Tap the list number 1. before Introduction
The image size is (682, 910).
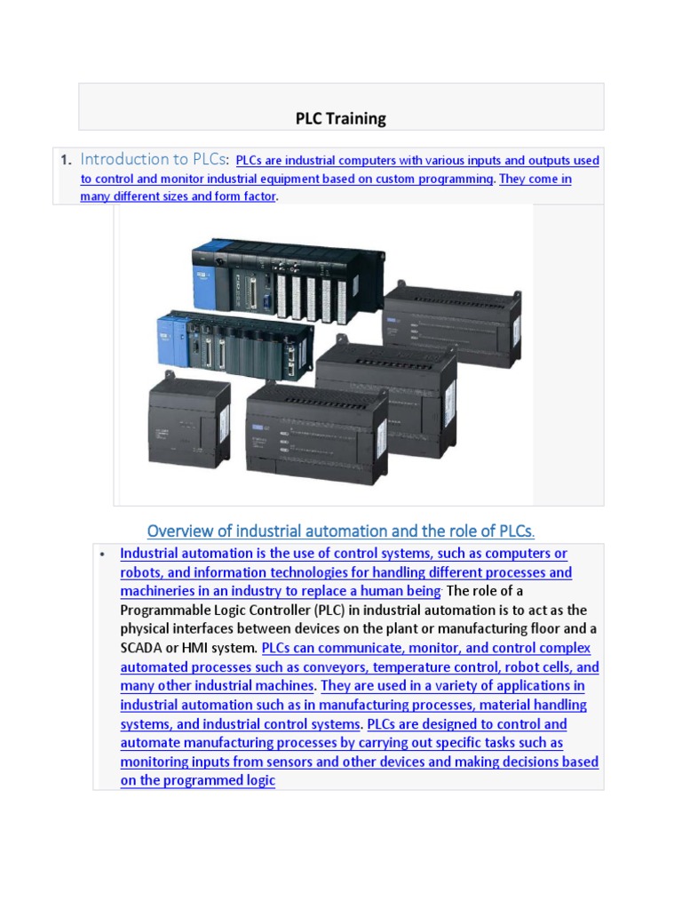pos(65,161)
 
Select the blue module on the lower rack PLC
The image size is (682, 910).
pos(169,337)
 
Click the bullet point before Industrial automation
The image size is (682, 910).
pos(102,555)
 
